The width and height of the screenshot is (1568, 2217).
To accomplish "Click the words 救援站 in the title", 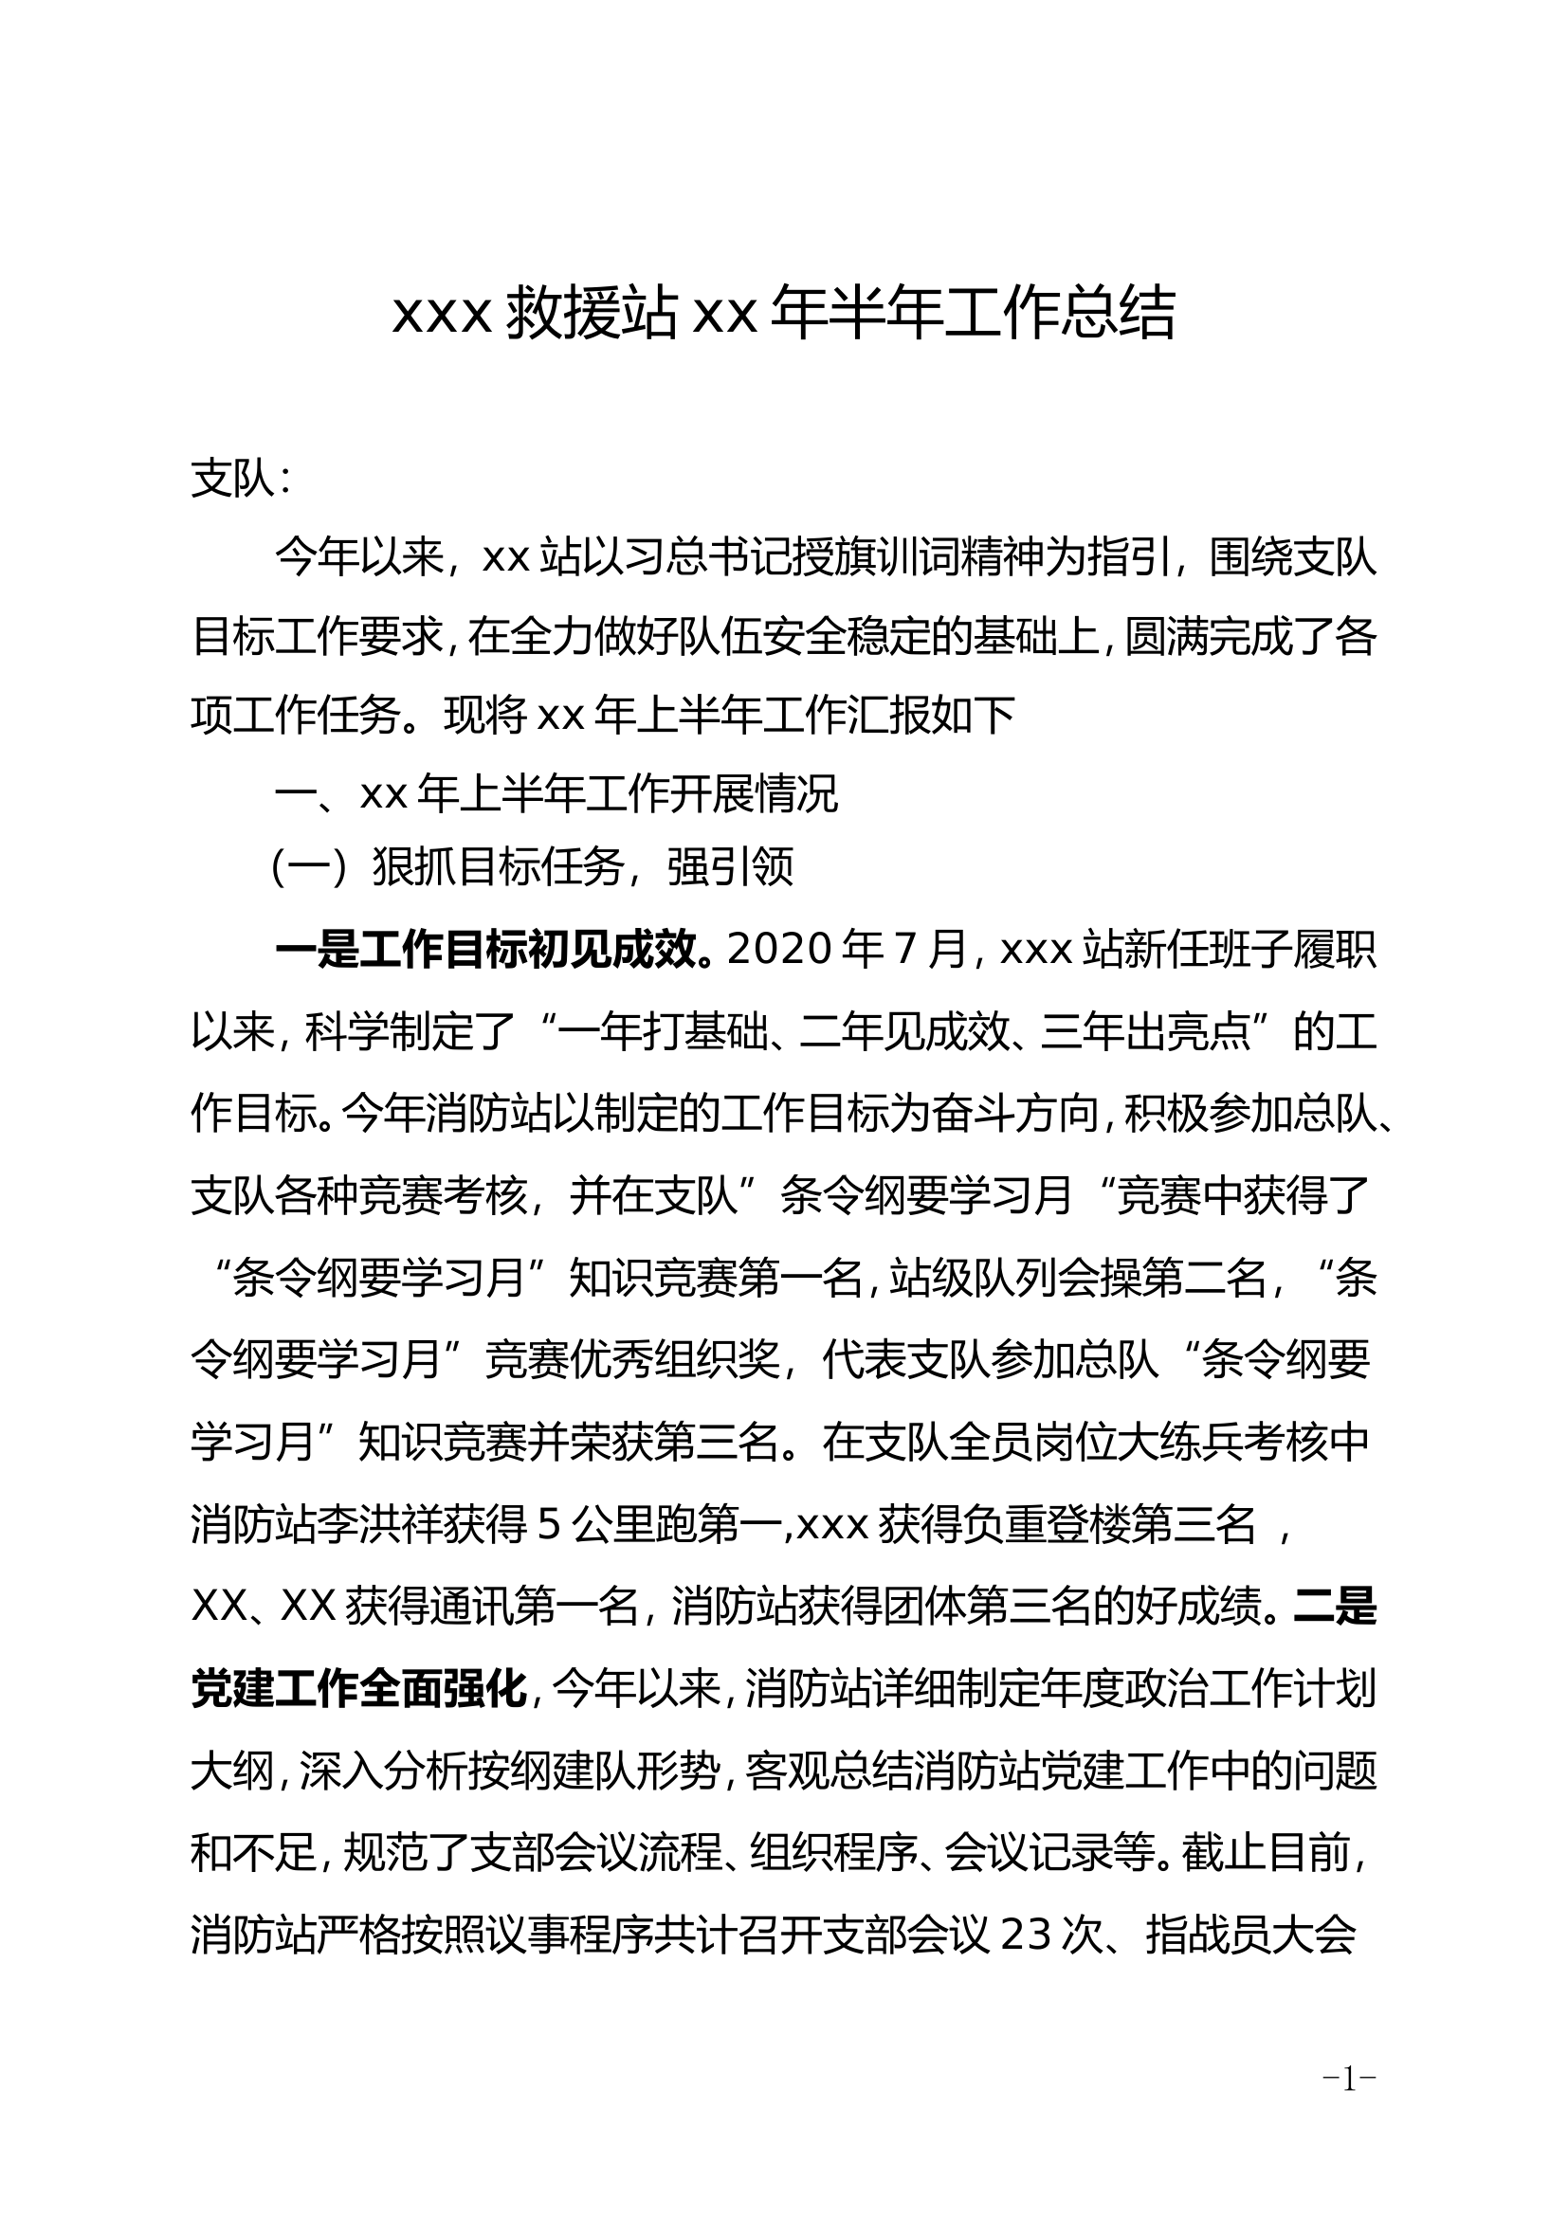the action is tap(590, 314).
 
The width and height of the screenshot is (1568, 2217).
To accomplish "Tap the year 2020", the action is tap(781, 950).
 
